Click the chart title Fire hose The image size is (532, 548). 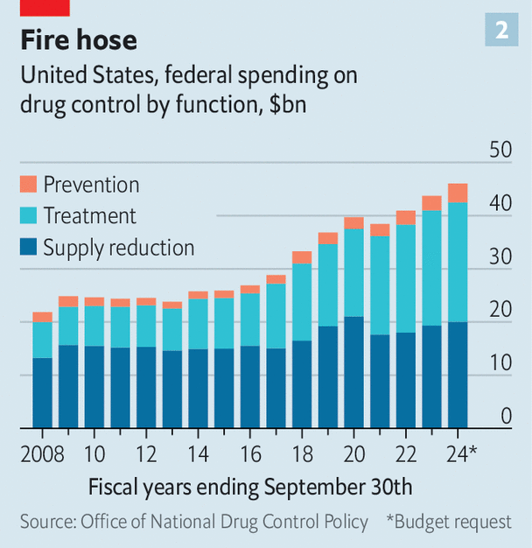click(x=79, y=40)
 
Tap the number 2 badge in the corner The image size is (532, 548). click(x=501, y=30)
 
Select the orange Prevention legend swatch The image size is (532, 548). click(x=28, y=185)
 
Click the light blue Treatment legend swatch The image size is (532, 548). click(x=28, y=216)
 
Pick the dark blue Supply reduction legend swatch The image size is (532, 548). click(x=28, y=248)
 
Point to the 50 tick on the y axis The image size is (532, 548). click(x=500, y=150)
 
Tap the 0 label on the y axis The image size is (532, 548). click(x=506, y=416)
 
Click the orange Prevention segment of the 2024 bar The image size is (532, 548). click(x=458, y=193)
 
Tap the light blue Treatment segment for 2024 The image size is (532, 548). click(x=458, y=263)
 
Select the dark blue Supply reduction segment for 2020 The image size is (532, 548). click(x=353, y=372)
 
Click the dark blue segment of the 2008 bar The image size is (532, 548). click(x=43, y=393)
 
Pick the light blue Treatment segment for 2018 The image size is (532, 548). click(x=302, y=302)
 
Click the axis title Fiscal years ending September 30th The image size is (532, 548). click(x=250, y=487)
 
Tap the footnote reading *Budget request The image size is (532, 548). click(x=449, y=522)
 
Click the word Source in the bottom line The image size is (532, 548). click(x=47, y=522)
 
